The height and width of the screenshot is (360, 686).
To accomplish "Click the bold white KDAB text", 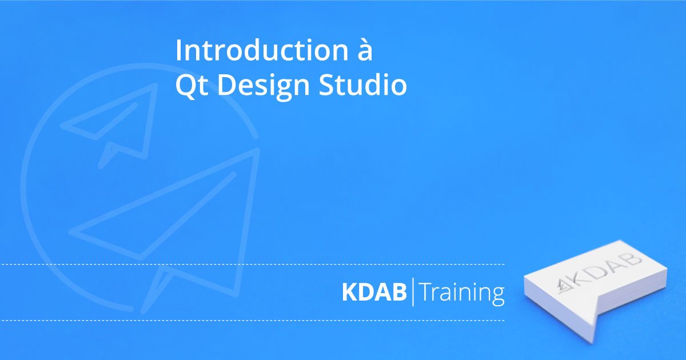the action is coord(374,292).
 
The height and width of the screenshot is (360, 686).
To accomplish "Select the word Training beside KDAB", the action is coord(462,293).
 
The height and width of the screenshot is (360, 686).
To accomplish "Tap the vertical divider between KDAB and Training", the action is coord(413,292).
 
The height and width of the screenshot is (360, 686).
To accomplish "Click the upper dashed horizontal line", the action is coord(252,264).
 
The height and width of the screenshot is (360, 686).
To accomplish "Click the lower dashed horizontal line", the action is coord(252,321).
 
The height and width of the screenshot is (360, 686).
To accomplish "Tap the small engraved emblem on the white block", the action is coord(563,287).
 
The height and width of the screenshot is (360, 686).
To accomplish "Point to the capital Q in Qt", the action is coord(185,86).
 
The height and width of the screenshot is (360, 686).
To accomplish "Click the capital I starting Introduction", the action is coord(178,50).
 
